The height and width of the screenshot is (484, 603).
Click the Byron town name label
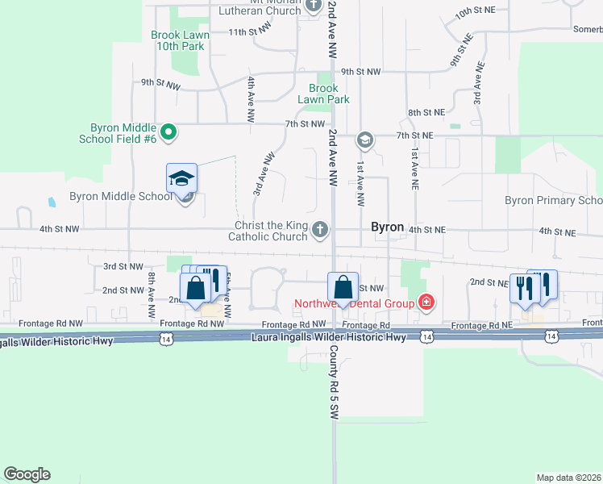(387, 227)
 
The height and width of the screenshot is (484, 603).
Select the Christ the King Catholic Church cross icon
(320, 231)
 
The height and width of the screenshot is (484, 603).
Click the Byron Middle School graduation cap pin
(181, 178)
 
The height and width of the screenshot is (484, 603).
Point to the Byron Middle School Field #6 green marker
(168, 132)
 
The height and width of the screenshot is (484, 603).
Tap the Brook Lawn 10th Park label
(181, 40)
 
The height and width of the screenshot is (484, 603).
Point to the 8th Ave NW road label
(151, 295)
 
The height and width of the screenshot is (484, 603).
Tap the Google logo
(27, 474)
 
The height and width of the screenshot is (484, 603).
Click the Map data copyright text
(569, 478)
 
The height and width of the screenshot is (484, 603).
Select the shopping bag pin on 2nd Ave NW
(343, 288)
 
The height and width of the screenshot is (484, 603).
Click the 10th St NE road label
(475, 14)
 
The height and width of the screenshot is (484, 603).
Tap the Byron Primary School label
(553, 200)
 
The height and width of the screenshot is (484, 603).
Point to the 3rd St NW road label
(123, 265)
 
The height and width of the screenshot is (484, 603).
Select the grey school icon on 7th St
(364, 140)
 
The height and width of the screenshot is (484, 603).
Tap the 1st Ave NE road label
(415, 162)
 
